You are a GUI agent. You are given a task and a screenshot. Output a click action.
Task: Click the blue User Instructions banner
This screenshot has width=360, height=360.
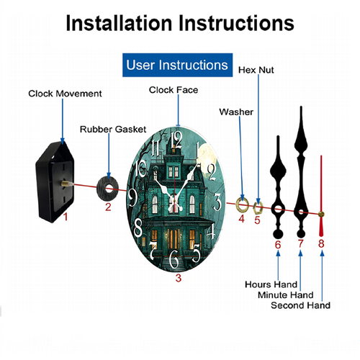tap(177, 65)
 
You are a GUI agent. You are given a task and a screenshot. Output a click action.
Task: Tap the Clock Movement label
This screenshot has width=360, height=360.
tap(65, 94)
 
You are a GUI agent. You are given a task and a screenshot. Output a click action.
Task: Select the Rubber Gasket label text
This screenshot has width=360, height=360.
tap(113, 130)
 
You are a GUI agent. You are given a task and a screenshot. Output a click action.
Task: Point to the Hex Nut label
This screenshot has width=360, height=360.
tap(256, 70)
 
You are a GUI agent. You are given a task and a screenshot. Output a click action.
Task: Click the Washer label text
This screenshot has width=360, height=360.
tap(236, 112)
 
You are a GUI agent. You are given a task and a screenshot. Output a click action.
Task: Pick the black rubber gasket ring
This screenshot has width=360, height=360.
tap(108, 188)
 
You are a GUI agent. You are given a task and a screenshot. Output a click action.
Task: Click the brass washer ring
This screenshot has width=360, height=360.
tap(242, 205)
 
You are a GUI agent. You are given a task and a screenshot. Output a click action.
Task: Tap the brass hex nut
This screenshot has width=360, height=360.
tap(258, 207)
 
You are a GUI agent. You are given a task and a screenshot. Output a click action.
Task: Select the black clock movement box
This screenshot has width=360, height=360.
tap(55, 182)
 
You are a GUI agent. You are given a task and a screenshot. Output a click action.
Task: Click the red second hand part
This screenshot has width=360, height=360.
tap(321, 196)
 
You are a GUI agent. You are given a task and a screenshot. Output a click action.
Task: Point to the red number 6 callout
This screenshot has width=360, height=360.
tap(278, 245)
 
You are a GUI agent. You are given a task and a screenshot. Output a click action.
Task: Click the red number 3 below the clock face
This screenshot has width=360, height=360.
tap(179, 278)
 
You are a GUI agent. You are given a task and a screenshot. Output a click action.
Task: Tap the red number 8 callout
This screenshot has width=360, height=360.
tap(321, 243)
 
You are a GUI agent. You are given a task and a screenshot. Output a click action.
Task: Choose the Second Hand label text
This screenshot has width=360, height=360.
tap(300, 305)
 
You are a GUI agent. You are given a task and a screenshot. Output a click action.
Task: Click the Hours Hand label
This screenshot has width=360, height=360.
tap(271, 284)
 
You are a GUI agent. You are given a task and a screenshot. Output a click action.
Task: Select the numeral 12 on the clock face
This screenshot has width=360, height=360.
tap(176, 140)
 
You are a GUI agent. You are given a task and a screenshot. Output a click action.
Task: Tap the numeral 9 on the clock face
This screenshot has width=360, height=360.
tap(132, 197)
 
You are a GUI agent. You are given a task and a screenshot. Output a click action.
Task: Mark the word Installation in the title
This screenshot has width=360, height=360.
tap(119, 23)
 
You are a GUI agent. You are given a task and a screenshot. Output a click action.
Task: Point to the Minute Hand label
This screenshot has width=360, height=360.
tap(286, 295)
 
